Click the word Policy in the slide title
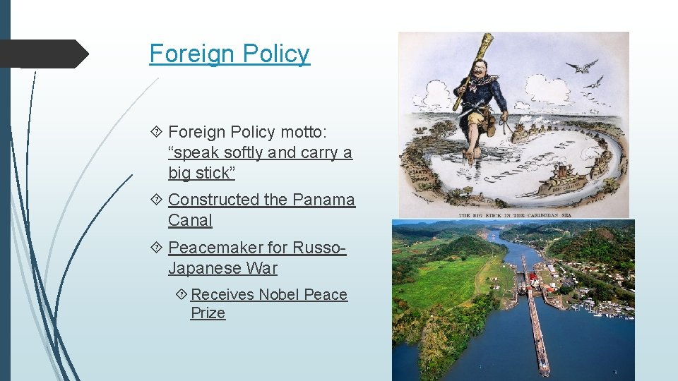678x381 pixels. pos(278,53)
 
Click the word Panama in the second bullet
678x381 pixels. pos(323,200)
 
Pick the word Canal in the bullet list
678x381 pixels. pos(190,220)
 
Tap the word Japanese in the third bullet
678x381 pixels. pos(199,268)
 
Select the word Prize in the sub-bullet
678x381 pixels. pos(208,313)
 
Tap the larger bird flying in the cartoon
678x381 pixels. pos(581,66)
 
